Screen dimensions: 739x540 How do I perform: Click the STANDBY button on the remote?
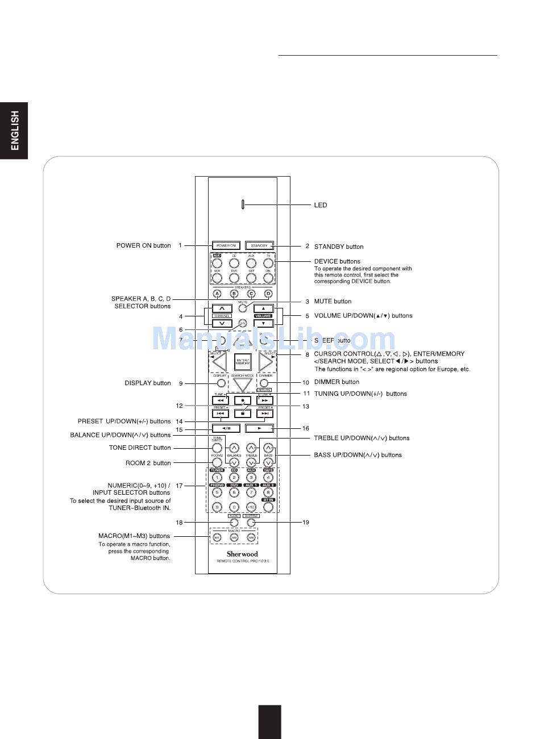pos(259,246)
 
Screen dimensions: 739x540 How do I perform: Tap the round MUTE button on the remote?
pos(243,308)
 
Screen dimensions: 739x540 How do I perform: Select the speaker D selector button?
pos(268,294)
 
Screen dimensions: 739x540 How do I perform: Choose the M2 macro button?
pos(234,537)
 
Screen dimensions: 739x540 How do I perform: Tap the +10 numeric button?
pos(251,507)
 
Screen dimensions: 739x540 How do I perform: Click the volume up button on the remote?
pos(263,308)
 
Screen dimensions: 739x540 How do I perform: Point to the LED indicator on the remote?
pos(243,204)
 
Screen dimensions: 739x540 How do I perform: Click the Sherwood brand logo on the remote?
pos(243,554)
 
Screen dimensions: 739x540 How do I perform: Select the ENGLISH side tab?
pos(14,130)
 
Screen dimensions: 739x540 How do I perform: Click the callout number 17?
pos(179,486)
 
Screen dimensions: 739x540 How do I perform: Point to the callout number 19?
pos(306,522)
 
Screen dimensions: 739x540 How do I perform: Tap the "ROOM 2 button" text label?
pos(148,463)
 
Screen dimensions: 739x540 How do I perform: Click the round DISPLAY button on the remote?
pos(221,383)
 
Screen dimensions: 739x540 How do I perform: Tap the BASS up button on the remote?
pos(268,448)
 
